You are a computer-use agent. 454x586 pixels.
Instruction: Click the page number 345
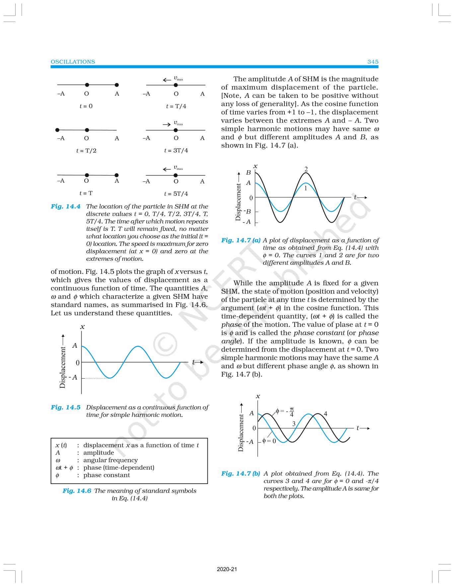point(373,62)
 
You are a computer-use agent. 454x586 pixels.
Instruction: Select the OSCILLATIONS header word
point(73,62)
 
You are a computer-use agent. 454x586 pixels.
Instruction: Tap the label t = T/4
point(176,106)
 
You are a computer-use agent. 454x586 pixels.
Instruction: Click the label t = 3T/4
point(176,150)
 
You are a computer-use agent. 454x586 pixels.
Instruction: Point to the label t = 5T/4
point(176,194)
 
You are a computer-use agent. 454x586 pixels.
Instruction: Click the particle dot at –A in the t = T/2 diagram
point(57,130)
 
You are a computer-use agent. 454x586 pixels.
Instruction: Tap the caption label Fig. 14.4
point(65,206)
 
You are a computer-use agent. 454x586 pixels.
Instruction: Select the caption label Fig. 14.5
point(65,407)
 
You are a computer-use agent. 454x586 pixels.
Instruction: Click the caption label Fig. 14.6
point(77,491)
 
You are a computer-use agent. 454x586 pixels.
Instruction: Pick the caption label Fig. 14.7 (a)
point(241,240)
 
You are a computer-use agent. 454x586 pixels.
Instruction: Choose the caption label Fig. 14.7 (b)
point(241,474)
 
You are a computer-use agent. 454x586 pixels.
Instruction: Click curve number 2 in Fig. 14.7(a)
point(306,169)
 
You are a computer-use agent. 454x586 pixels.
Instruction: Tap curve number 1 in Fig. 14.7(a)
point(306,188)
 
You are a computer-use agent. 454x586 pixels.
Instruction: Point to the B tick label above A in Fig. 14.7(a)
point(248,173)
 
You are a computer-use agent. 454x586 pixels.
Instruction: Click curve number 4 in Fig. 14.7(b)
point(325,414)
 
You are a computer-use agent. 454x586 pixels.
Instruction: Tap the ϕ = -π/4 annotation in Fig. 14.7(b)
point(285,412)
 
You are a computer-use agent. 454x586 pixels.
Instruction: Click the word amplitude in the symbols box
point(99,453)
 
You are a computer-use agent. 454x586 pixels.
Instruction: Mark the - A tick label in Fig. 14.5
point(73,378)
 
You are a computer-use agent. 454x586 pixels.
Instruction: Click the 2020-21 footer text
point(227,569)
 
